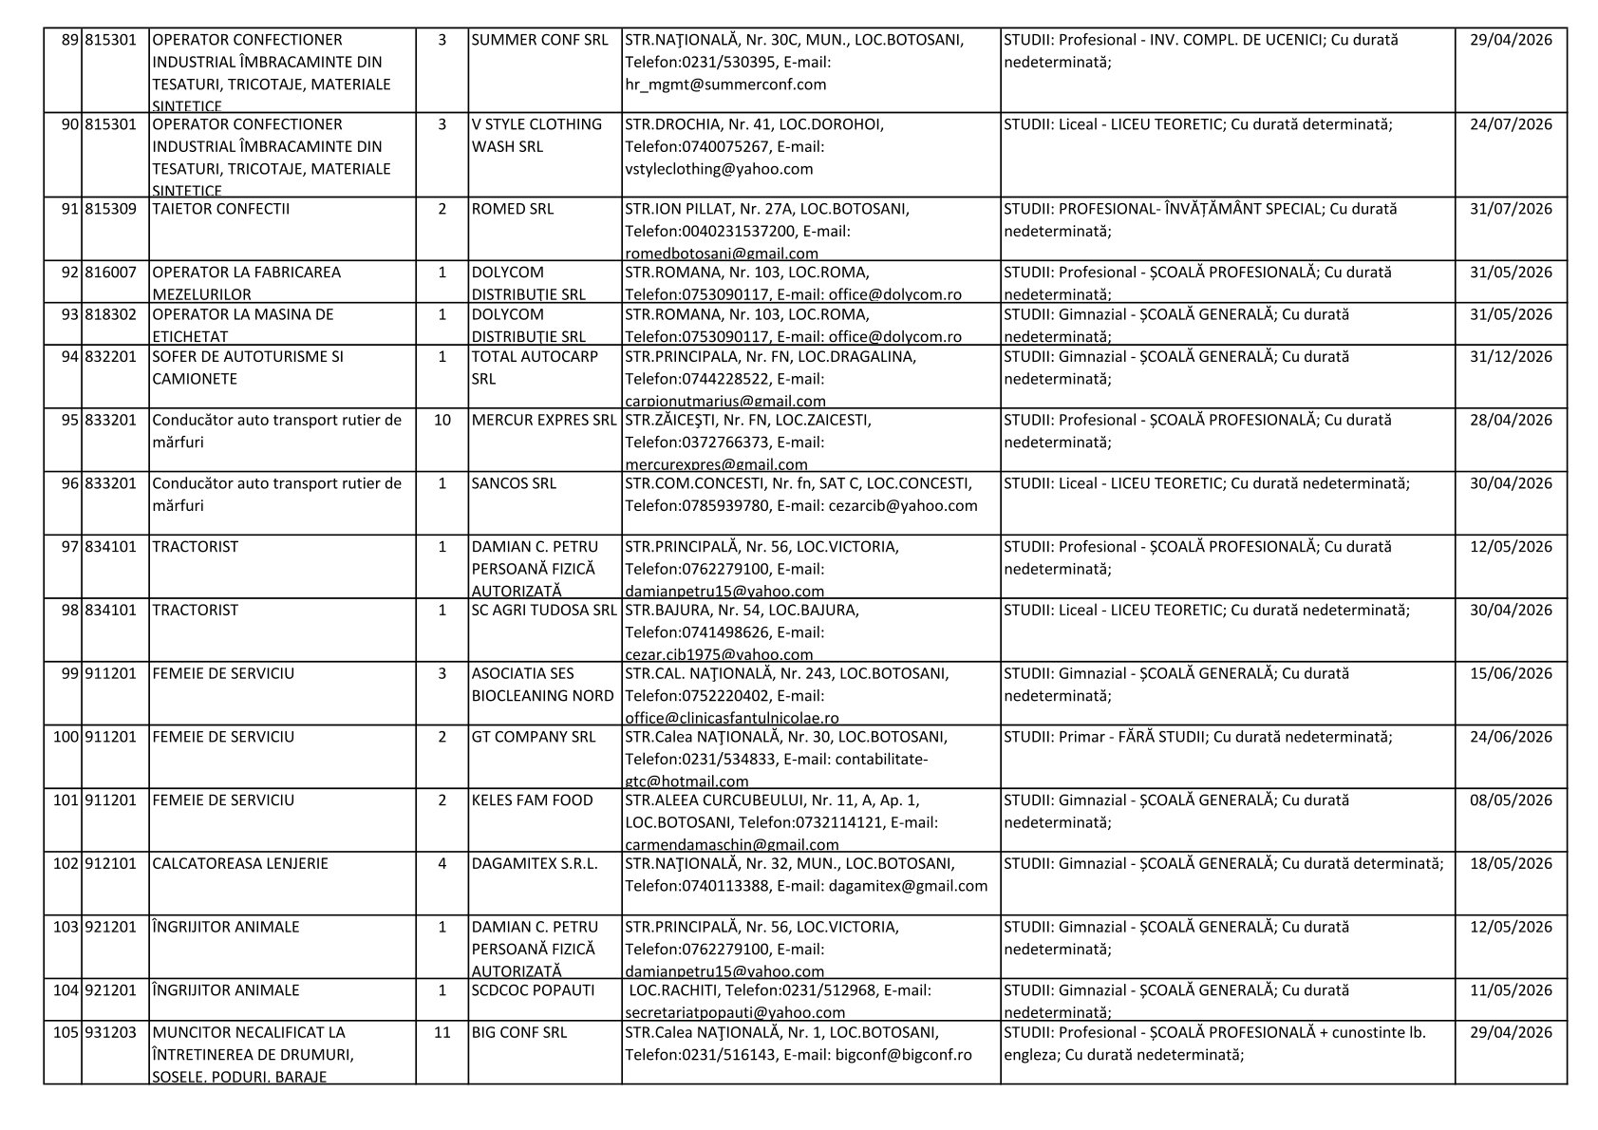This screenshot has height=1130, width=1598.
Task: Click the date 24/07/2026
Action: tap(1511, 124)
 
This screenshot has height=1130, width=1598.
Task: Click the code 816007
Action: tap(111, 273)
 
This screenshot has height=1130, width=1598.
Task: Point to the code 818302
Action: tap(111, 314)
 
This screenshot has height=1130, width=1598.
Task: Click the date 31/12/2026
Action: tap(1511, 357)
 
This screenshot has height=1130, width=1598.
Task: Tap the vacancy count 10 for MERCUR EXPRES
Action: tap(442, 421)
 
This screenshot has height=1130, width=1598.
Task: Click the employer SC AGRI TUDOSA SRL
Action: tap(544, 611)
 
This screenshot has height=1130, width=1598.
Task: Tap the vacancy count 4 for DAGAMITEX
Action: tap(442, 864)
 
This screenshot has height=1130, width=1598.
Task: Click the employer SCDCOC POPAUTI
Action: tap(533, 990)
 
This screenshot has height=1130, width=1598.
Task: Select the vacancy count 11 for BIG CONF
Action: tap(442, 1032)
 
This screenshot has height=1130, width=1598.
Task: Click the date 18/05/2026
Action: tap(1511, 864)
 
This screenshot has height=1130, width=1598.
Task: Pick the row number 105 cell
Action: tap(65, 1032)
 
